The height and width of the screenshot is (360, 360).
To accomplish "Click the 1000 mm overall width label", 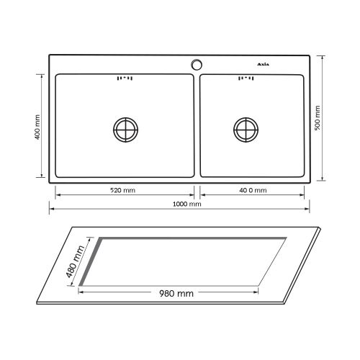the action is (x=187, y=204).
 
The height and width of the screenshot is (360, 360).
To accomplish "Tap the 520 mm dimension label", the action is (x=122, y=190).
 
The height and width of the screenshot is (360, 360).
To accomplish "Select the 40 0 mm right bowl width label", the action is (x=253, y=190).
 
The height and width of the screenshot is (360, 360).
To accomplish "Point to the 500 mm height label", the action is (x=318, y=118).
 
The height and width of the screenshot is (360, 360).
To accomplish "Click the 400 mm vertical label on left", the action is (x=37, y=127).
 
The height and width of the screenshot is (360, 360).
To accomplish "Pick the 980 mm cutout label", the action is (x=176, y=293).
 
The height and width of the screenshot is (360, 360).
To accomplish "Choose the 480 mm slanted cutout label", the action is (x=76, y=261).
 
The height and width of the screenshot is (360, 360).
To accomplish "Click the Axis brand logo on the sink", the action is (x=264, y=64).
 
